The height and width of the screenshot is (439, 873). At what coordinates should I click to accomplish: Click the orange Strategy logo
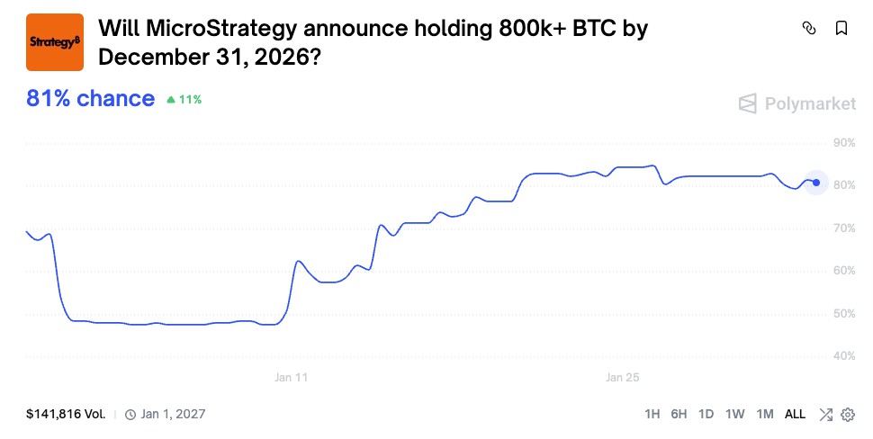tap(55, 42)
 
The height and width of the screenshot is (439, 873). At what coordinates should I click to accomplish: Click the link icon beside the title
tap(808, 28)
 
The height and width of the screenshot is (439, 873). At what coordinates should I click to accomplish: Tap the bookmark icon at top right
tap(841, 28)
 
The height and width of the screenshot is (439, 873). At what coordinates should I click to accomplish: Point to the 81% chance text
tap(90, 99)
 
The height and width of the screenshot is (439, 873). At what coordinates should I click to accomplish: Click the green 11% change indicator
tap(184, 100)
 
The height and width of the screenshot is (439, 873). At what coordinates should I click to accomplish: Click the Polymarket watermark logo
tap(797, 103)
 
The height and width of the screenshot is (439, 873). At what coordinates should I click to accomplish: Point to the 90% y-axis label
tap(844, 142)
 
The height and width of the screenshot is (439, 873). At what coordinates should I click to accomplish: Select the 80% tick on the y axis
tap(844, 185)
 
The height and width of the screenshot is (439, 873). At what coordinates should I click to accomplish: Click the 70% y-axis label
tap(844, 228)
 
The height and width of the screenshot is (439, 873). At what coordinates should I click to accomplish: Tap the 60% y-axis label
tap(844, 271)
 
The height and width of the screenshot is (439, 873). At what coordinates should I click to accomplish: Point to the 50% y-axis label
tap(844, 314)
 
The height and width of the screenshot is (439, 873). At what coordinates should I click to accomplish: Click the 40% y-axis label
tap(844, 356)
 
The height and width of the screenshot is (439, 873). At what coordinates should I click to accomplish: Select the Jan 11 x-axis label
tap(291, 378)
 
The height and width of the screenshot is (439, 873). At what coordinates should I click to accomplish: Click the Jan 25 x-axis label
tap(622, 378)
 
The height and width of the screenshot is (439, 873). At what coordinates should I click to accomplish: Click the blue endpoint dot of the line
tap(816, 183)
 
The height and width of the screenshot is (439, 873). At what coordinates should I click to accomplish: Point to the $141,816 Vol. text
tap(66, 415)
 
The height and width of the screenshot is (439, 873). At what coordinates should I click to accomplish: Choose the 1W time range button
tap(735, 415)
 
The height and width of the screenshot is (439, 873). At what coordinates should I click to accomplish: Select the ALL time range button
tap(795, 415)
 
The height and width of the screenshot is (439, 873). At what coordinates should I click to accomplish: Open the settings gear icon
tap(847, 415)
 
